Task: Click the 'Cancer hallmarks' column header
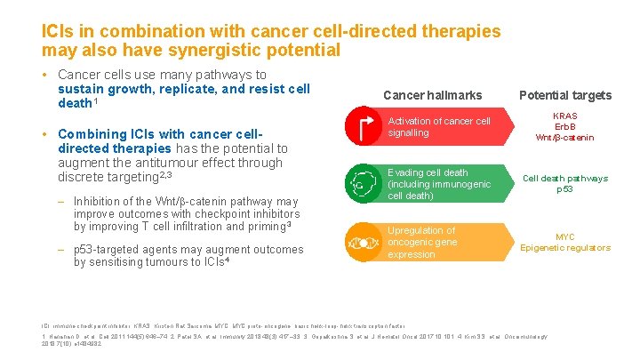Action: (x=432, y=95)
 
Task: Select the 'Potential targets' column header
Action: (x=564, y=95)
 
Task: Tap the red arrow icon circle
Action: (x=362, y=127)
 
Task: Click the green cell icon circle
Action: (x=362, y=184)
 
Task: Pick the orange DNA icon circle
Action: (x=362, y=242)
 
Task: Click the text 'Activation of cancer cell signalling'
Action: (x=438, y=127)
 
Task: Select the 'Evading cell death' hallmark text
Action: (x=428, y=172)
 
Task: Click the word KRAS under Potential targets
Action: (x=564, y=116)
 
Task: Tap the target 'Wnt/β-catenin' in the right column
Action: (x=564, y=138)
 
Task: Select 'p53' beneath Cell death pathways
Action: (x=564, y=189)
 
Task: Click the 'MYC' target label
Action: (x=564, y=236)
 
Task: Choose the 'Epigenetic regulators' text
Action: (x=564, y=248)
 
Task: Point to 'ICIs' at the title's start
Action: (x=59, y=31)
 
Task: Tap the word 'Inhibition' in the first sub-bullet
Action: (x=100, y=200)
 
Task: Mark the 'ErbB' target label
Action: (x=564, y=126)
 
